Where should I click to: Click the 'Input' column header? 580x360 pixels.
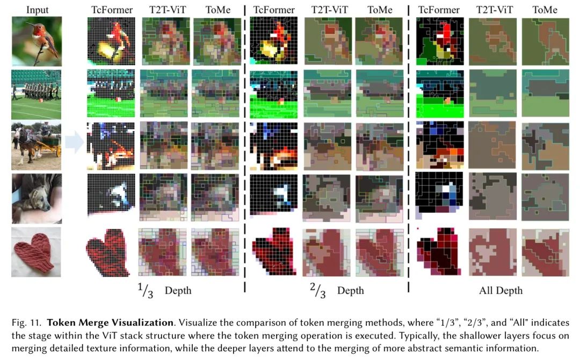click(x=37, y=10)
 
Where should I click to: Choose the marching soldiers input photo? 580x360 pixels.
click(x=37, y=93)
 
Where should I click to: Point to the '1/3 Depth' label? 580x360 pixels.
click(x=164, y=290)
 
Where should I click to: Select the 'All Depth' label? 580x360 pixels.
click(x=501, y=291)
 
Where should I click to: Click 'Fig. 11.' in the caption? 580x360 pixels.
click(x=26, y=323)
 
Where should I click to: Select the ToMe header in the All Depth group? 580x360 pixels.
click(x=545, y=10)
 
